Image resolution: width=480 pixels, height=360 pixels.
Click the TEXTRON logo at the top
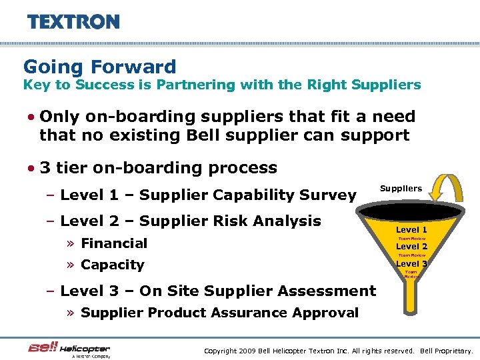pos(73,21)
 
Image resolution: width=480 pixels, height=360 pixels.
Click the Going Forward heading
pos(100,67)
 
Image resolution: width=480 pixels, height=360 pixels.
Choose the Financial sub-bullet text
pos(114,243)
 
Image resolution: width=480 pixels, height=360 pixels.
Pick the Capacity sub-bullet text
pos(112,265)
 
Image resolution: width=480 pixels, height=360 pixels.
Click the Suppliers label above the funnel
pos(401,189)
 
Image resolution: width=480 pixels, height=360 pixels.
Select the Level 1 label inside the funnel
pos(412,230)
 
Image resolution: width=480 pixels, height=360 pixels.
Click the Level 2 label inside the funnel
pos(412,247)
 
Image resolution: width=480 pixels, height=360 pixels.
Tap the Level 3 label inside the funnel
pos(412,264)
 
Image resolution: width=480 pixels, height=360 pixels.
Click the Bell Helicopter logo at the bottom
pos(69,349)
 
